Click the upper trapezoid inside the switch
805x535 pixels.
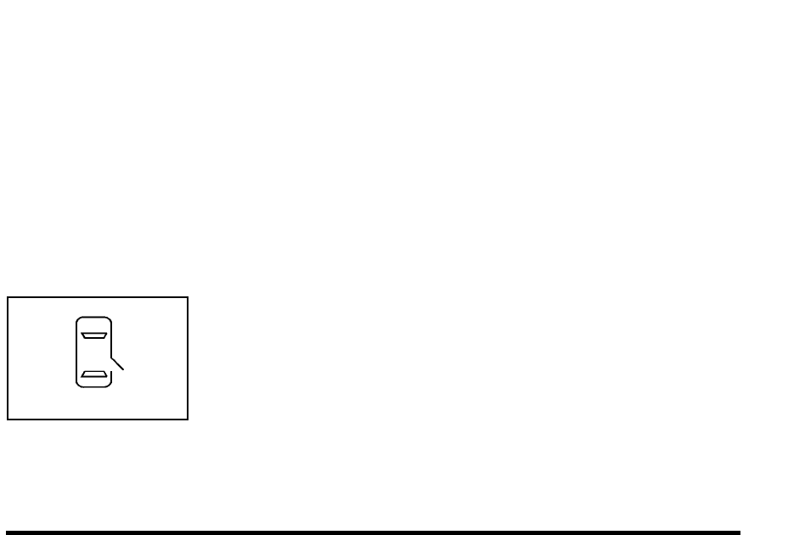[93, 335]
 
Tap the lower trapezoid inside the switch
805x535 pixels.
[93, 374]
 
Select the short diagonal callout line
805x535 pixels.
[117, 362]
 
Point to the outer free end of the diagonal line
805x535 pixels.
[124, 369]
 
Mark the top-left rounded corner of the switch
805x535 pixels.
[78, 320]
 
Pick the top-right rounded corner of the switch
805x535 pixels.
[109, 320]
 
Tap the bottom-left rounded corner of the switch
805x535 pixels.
[78, 386]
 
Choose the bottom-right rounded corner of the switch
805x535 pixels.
[109, 386]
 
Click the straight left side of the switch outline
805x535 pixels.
[76, 352]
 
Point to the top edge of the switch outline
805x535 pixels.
[93, 318]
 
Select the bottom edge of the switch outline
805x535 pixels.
[93, 388]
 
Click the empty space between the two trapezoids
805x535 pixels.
[93, 354]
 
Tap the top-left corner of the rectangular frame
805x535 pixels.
[8, 297]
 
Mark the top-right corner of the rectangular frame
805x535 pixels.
[187, 297]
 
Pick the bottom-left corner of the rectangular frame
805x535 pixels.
[8, 419]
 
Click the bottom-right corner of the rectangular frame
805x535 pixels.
[187, 419]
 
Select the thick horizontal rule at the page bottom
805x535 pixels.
[374, 533]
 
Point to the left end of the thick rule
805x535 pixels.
[8, 533]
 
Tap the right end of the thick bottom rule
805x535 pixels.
[739, 533]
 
